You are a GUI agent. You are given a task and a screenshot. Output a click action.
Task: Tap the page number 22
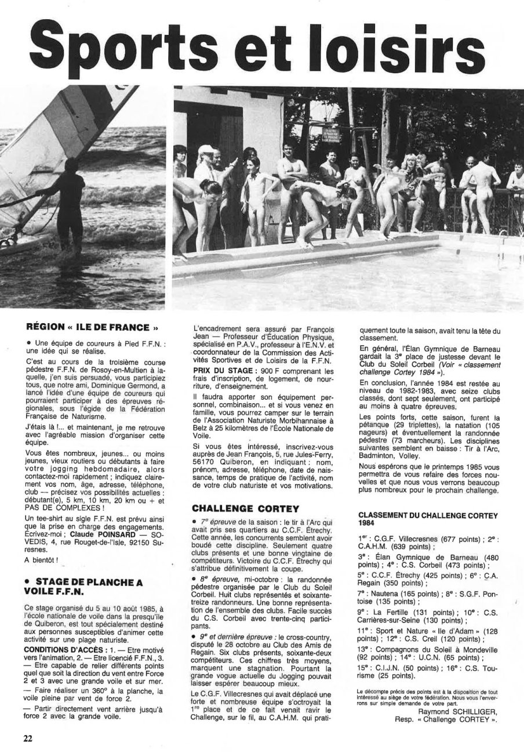click(x=28, y=738)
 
